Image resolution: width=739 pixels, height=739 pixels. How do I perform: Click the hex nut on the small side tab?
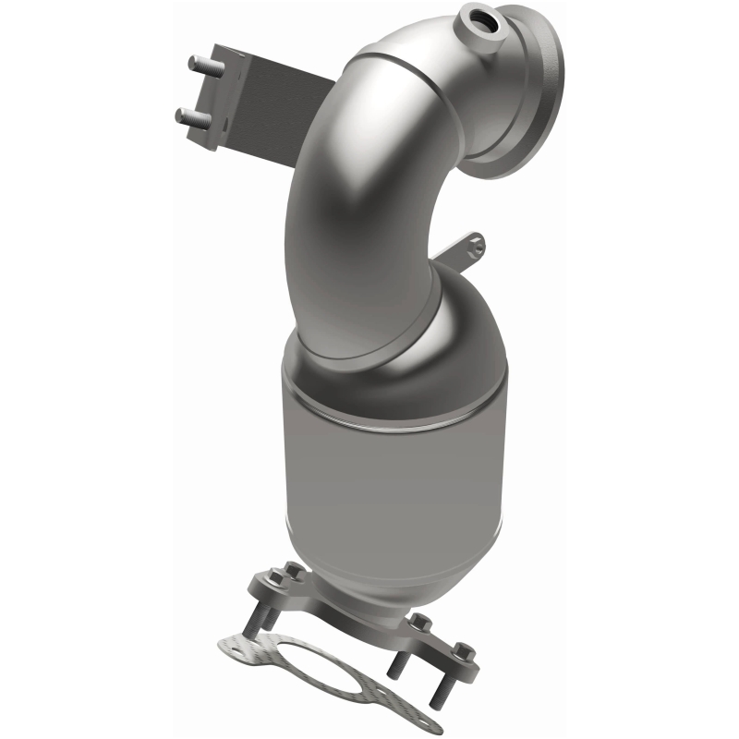pos(475,244)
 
